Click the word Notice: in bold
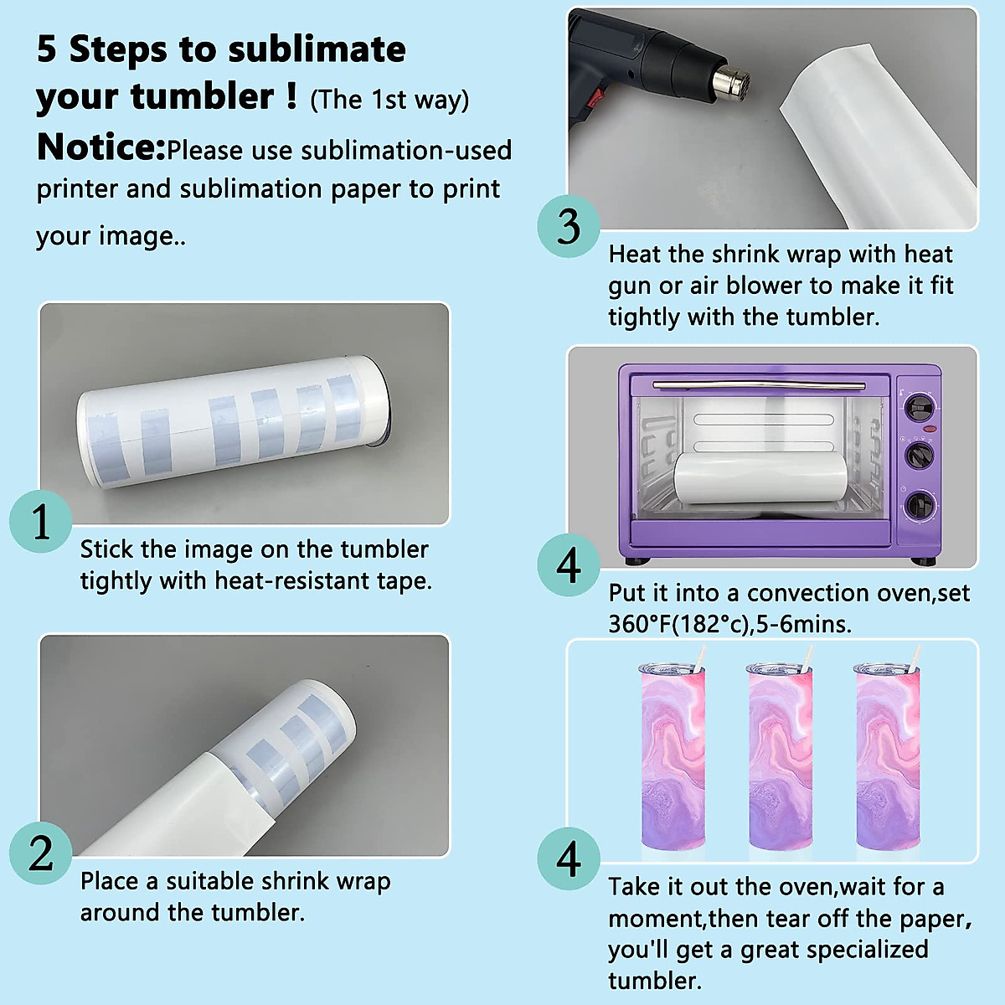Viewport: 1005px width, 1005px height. [x=101, y=147]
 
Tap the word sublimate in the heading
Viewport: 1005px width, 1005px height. [x=317, y=49]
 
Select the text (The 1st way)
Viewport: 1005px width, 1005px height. [x=389, y=100]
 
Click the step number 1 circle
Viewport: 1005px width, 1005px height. [x=41, y=521]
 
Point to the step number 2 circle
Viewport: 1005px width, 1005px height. [x=41, y=853]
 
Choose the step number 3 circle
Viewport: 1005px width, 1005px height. [x=569, y=226]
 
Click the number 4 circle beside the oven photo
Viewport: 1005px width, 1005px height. [x=569, y=564]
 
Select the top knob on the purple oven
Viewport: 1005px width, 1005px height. [x=920, y=408]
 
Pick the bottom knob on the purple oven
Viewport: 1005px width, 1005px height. [x=920, y=506]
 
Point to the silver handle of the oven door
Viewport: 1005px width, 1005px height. [x=759, y=385]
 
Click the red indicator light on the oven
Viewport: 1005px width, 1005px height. [x=930, y=430]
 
